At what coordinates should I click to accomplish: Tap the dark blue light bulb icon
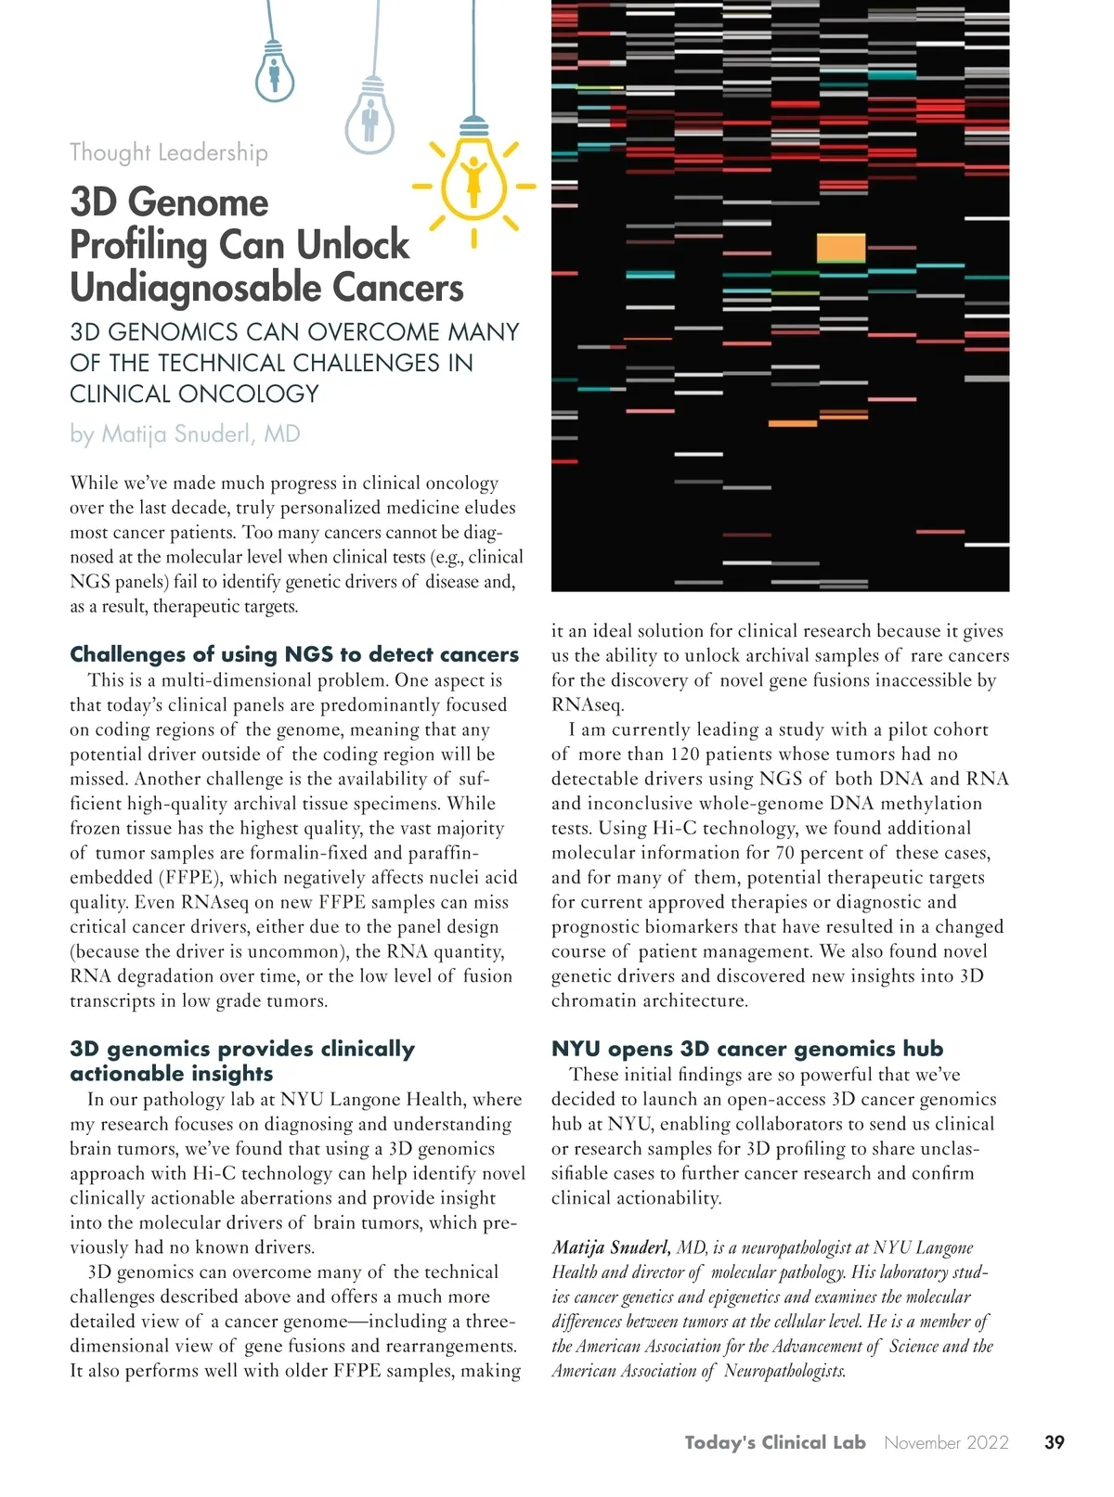pos(275,74)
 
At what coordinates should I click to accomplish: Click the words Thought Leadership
pos(169,152)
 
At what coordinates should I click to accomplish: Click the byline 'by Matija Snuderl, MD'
pos(185,434)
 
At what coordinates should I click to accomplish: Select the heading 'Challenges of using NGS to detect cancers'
pos(294,654)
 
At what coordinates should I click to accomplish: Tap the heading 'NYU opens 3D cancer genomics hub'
pos(747,1049)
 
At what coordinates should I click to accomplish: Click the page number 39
pos(1055,1442)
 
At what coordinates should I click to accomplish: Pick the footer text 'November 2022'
pos(946,1442)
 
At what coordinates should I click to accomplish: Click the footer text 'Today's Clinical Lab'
pos(775,1442)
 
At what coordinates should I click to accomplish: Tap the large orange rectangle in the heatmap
pos(841,248)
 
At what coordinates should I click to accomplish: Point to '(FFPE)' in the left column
pos(189,878)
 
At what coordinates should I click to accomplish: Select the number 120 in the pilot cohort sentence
pos(684,755)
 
